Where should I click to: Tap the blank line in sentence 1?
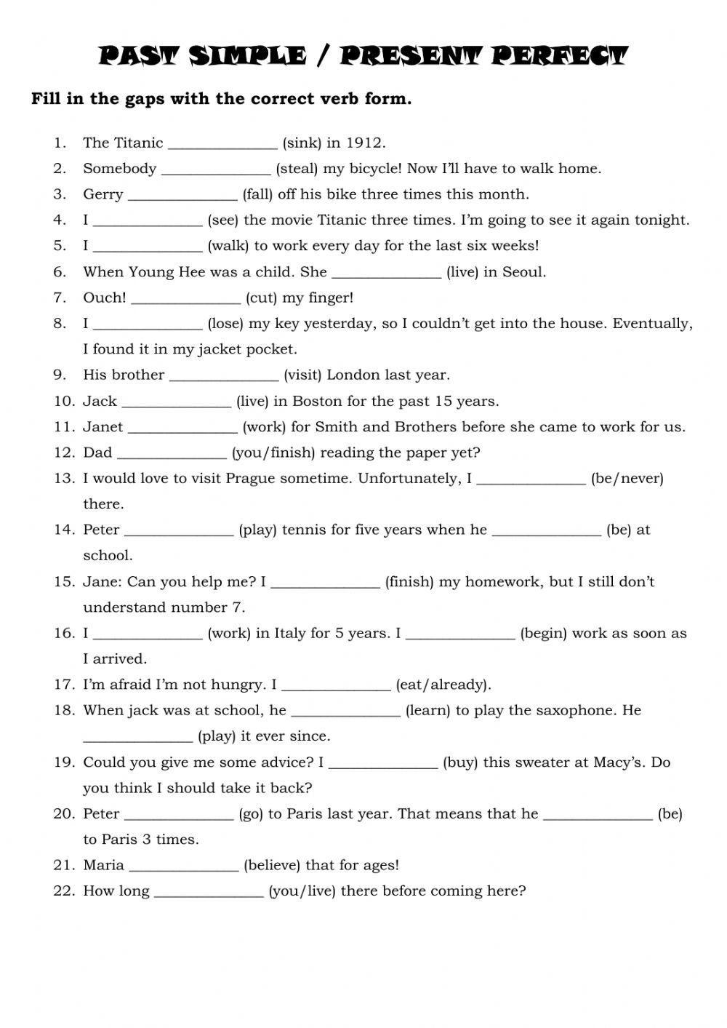pos(222,144)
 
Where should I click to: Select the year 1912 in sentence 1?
pos(366,143)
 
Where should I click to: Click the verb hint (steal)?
pos(297,169)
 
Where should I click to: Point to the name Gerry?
pos(103,194)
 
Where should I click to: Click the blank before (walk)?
pos(148,247)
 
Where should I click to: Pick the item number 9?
pos(60,375)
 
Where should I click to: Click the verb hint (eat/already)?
pos(443,685)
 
